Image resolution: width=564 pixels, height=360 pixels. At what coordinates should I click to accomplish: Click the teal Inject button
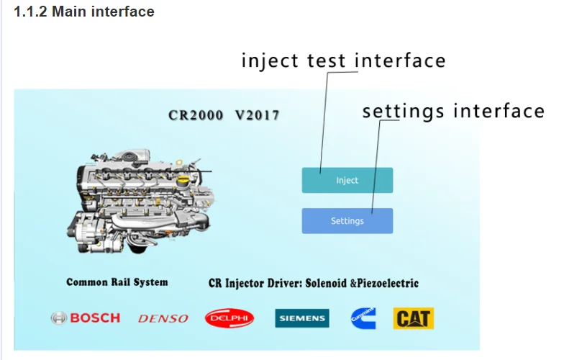[x=347, y=180]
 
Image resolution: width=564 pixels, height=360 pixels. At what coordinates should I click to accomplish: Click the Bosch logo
[x=85, y=318]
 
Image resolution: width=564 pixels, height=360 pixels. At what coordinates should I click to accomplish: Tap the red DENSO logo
[x=163, y=318]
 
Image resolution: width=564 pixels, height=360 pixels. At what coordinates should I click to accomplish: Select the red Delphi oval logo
[x=229, y=318]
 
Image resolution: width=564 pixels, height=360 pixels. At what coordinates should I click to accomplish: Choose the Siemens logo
[x=301, y=318]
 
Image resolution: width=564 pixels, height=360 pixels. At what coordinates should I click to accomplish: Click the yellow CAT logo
[x=414, y=318]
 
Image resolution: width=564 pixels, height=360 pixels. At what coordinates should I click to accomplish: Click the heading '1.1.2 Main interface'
[x=84, y=12]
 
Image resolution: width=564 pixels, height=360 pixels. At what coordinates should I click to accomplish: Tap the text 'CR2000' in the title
[x=195, y=115]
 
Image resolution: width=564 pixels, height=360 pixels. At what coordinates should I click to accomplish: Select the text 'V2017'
[x=257, y=115]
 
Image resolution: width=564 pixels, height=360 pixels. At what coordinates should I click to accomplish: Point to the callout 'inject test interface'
[x=343, y=60]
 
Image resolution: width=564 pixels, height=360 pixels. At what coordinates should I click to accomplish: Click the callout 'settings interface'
[x=453, y=111]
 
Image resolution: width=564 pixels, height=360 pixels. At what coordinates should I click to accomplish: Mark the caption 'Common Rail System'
[x=117, y=282]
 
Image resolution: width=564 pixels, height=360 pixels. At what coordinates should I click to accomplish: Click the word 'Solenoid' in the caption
[x=327, y=283]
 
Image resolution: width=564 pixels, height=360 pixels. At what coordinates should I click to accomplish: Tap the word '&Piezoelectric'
[x=385, y=283]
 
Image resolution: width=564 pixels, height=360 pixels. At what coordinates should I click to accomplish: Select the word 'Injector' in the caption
[x=244, y=283]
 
